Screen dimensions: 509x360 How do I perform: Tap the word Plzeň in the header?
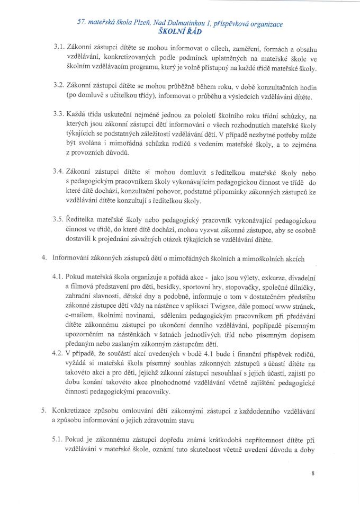pos(131,23)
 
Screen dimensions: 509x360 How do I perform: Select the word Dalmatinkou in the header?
pos(177,23)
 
